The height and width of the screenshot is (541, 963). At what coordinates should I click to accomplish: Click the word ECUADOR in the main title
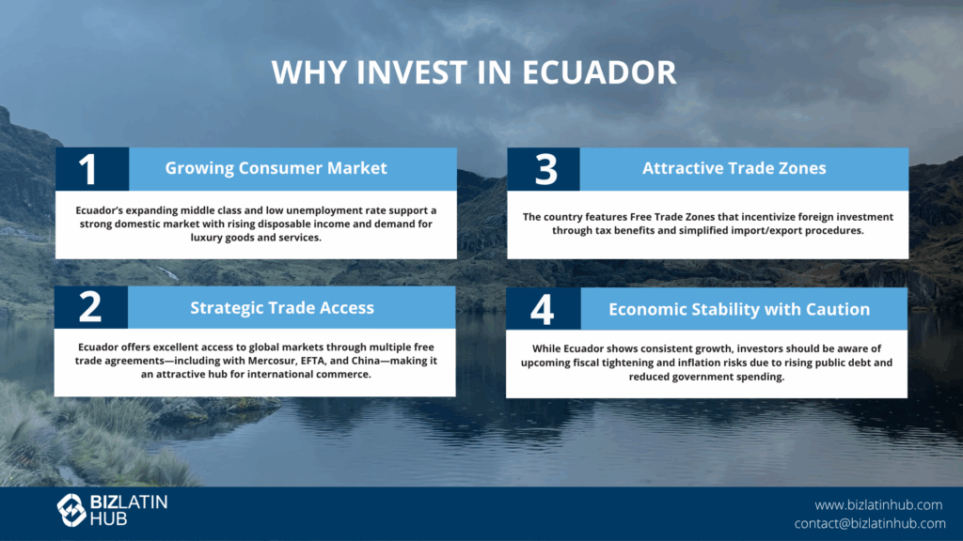pos(599,72)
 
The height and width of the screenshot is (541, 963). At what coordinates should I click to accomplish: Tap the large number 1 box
pos(92,169)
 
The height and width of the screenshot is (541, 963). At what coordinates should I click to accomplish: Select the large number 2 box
pos(91,307)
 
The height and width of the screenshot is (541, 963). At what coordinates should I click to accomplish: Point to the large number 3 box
pos(544,169)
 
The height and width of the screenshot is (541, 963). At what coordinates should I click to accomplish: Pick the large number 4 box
pos(543,308)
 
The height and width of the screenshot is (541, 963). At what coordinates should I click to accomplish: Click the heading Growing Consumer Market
pos(276,168)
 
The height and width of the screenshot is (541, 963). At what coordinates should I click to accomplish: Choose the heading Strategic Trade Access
pos(282,307)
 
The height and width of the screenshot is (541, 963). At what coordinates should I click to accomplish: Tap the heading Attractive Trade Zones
pos(734,168)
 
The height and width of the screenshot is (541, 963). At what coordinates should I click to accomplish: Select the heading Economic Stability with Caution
pos(739,309)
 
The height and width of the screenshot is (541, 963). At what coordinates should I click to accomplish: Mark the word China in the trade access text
pos(366,361)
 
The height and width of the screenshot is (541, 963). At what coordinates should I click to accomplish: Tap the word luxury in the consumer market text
pos(206,238)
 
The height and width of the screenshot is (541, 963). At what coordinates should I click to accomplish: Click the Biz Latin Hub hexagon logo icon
pos(71,510)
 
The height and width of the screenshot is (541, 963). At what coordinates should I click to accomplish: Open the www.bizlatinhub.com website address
pos(878,504)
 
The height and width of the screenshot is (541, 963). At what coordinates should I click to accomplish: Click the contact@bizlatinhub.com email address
pos(870,523)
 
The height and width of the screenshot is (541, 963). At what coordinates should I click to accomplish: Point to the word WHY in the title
pos(309,72)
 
